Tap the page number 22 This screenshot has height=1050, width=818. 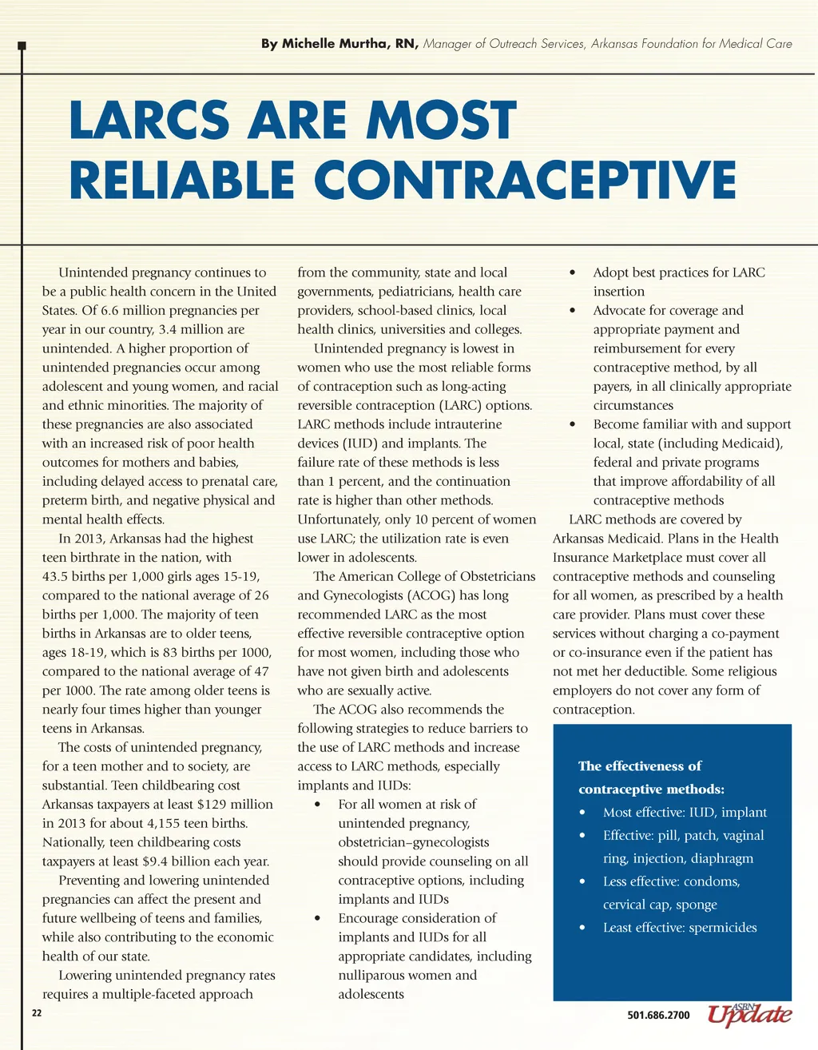[x=36, y=1013]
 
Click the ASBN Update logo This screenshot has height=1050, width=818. [x=749, y=1013]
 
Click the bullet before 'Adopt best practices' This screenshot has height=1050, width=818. [x=572, y=273]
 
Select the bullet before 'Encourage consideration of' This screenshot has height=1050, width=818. [x=318, y=919]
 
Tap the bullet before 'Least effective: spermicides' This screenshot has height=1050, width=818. [x=583, y=929]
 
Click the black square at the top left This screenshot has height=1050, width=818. [x=22, y=46]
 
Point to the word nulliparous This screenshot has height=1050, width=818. [x=379, y=975]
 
